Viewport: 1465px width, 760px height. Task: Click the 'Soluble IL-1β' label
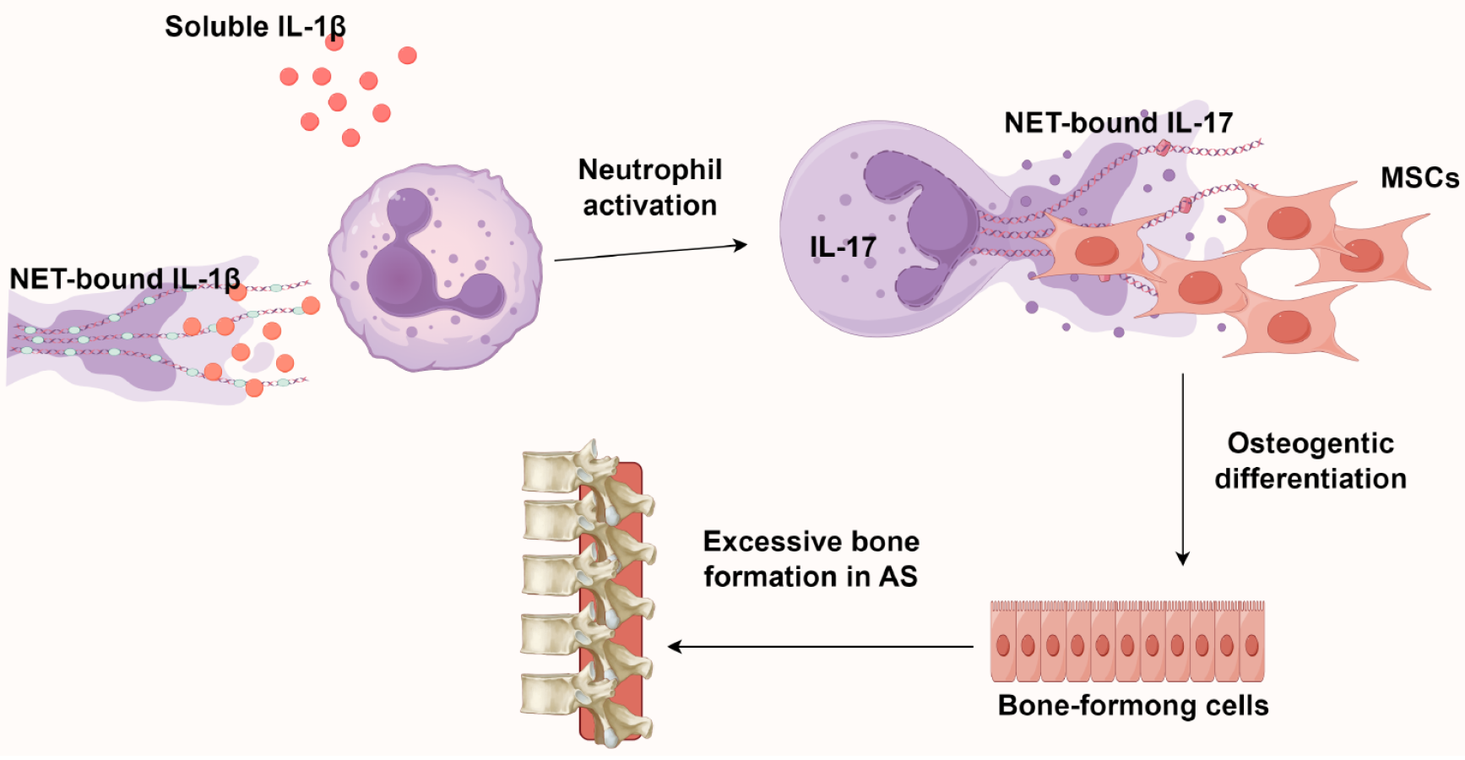pos(254,27)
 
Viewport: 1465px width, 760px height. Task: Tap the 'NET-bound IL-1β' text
pos(125,279)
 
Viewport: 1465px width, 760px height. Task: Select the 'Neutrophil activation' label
pos(649,187)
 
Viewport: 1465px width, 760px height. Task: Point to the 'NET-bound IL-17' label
pos(1118,123)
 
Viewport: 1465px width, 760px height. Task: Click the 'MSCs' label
pos(1419,178)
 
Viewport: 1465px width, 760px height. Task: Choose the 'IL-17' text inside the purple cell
pos(842,247)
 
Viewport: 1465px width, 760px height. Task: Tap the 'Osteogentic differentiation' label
pos(1310,461)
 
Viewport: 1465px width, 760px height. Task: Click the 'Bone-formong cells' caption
pos(1132,706)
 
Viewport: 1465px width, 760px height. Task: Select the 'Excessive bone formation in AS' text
pos(811,559)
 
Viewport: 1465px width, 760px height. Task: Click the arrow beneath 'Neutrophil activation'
pos(650,252)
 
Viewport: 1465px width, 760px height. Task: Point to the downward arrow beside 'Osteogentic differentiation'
pos(1182,469)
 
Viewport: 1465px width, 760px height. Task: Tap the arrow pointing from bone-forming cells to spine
pos(819,647)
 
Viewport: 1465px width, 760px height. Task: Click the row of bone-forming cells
pos(1127,642)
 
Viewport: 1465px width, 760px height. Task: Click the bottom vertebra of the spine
pos(553,694)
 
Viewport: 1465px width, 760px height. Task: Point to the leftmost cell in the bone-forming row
pos(1002,643)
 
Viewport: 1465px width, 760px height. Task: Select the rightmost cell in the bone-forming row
pos(1251,643)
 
